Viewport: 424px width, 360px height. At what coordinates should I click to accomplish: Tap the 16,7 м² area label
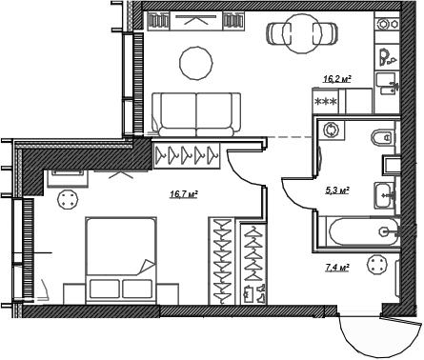click(x=183, y=194)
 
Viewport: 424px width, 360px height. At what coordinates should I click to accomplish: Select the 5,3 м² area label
click(x=336, y=190)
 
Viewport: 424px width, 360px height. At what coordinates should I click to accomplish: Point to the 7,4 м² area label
click(x=336, y=270)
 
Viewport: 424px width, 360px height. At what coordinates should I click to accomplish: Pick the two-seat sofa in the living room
click(x=196, y=111)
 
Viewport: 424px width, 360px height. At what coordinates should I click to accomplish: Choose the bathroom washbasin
click(x=387, y=193)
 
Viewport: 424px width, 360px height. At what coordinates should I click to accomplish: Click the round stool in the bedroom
click(x=69, y=200)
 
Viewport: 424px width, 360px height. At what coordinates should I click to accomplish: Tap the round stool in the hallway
click(x=379, y=270)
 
